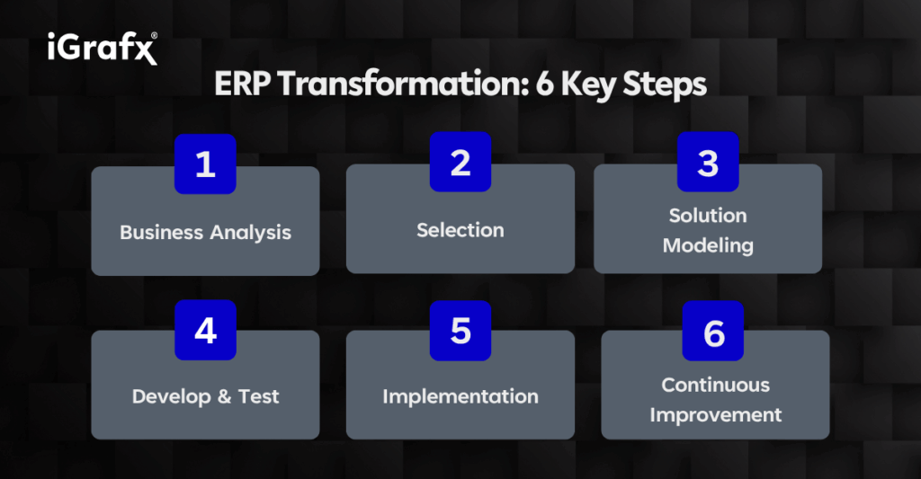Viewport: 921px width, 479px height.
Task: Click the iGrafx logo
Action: coord(103,48)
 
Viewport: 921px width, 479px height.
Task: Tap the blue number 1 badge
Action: coord(205,164)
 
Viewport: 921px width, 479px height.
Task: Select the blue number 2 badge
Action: coord(460,162)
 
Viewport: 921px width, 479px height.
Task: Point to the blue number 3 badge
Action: coord(708,162)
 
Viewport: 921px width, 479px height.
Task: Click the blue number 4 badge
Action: coord(206,330)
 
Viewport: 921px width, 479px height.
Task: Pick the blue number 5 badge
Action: coord(460,331)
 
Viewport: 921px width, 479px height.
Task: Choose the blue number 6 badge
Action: coord(713,332)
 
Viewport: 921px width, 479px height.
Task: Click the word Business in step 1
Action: coord(162,233)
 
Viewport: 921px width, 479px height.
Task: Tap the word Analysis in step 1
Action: coord(251,233)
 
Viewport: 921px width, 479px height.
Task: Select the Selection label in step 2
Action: coord(460,230)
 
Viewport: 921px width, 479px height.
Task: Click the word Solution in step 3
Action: coord(708,216)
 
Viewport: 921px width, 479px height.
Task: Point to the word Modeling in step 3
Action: coord(708,245)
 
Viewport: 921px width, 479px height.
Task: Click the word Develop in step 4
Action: coord(172,397)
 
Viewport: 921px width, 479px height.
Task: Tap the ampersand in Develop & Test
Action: coord(224,396)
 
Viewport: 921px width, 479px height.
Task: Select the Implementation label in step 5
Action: coord(460,397)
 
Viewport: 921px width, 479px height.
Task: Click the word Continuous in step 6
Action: coord(715,385)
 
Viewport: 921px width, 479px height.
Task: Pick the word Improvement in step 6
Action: coord(715,415)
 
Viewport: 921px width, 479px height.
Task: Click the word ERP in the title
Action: coord(242,84)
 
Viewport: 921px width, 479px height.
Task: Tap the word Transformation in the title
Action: coord(404,84)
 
